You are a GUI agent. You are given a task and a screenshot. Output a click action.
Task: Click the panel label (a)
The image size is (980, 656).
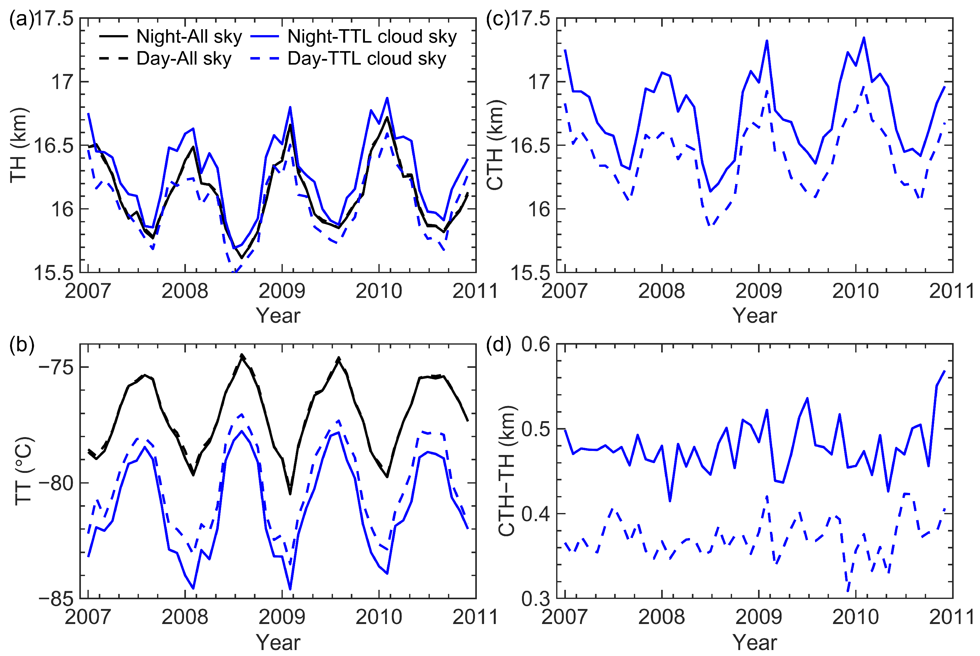(21, 19)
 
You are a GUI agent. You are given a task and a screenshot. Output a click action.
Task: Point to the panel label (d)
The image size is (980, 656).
(498, 346)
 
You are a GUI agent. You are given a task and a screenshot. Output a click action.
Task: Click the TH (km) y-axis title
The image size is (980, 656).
(19, 145)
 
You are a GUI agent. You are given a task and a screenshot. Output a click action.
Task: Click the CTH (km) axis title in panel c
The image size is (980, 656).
(496, 145)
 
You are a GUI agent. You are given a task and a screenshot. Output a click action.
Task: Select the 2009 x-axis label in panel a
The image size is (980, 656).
(282, 291)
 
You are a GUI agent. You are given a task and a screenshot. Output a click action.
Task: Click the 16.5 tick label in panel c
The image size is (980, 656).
(530, 145)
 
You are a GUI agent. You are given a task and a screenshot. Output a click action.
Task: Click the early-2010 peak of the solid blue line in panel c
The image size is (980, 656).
(864, 38)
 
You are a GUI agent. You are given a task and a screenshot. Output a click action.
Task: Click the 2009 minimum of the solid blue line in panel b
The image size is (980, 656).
(290, 589)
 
